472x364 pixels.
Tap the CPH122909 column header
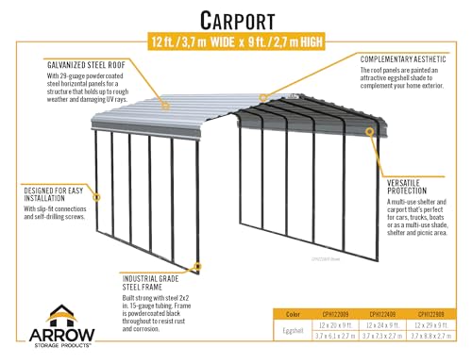432,313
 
